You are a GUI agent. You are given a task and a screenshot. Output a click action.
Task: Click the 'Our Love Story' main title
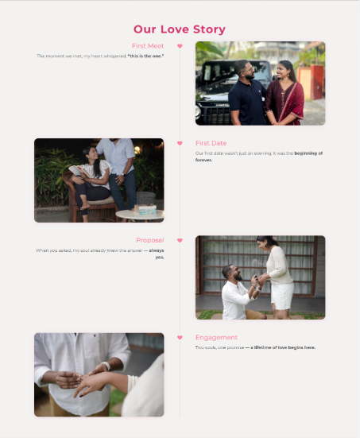[x=180, y=29]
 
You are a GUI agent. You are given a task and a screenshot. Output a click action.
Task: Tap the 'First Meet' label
[x=148, y=46]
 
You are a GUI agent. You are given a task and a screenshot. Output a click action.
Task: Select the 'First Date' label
[x=211, y=143]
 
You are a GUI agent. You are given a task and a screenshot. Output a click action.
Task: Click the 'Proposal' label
[x=149, y=240]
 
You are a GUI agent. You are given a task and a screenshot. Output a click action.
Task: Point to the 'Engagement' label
[x=216, y=337]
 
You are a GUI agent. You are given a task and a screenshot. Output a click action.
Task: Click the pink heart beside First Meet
[x=180, y=46]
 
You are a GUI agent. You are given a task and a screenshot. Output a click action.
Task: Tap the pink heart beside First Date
[x=180, y=143]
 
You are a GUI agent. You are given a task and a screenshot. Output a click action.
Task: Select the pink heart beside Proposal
[x=180, y=240]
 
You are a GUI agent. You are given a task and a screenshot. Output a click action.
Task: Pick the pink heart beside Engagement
[x=180, y=337]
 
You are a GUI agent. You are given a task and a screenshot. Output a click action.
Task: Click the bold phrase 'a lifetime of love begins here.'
[x=282, y=347]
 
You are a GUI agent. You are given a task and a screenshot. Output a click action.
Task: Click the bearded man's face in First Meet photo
[x=246, y=69]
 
